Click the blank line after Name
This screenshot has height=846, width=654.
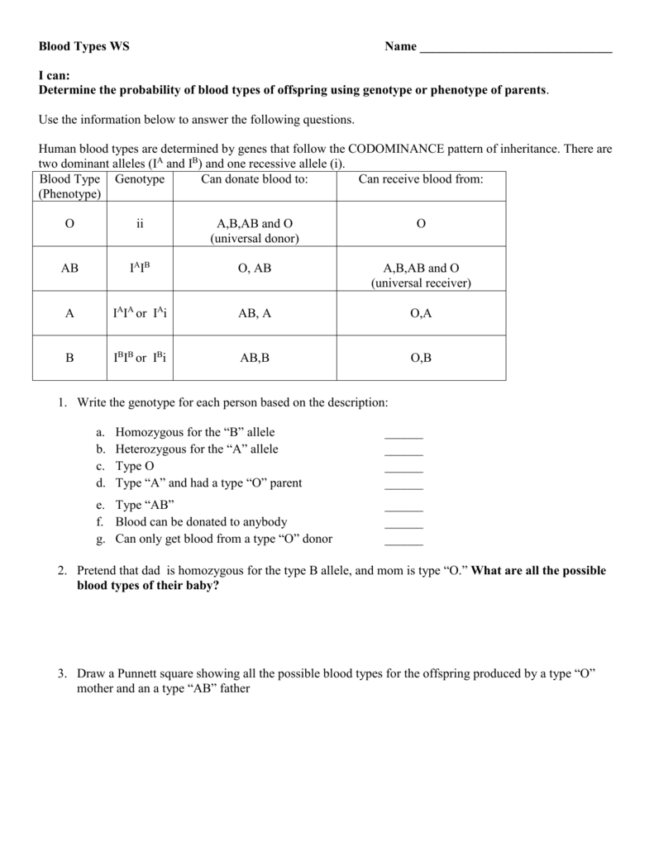[516, 50]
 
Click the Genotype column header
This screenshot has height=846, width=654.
[140, 179]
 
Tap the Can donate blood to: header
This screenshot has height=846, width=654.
[254, 179]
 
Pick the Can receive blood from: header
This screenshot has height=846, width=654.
[420, 179]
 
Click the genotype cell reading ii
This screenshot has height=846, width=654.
[140, 224]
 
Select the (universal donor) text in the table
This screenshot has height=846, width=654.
[254, 239]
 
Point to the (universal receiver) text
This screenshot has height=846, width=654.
[420, 283]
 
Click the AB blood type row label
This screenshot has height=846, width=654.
[69, 269]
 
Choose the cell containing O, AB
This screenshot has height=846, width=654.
[254, 269]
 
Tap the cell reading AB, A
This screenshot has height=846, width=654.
[254, 313]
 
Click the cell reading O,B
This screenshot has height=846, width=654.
[420, 358]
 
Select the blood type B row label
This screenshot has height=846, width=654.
[69, 358]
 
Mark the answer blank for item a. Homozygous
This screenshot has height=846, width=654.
[403, 435]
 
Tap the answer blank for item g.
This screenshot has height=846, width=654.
[403, 541]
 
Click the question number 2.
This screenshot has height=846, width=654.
[62, 571]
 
